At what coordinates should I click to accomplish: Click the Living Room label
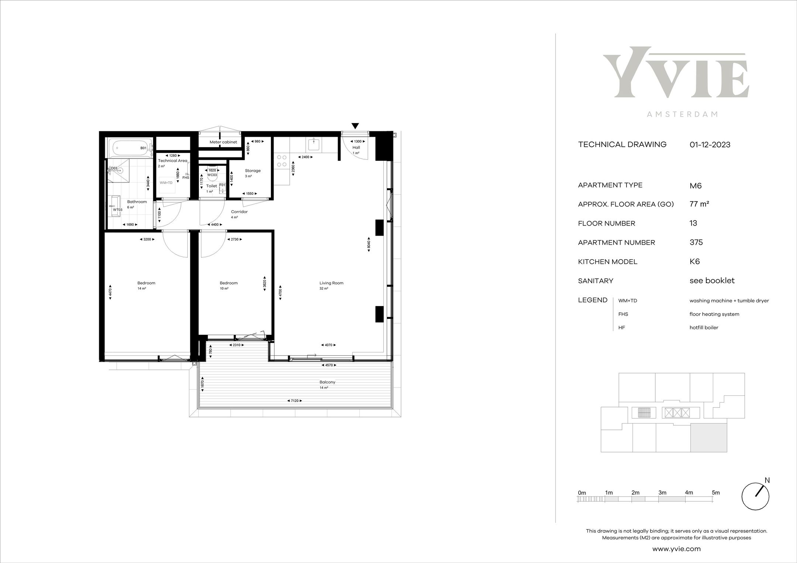[x=331, y=283]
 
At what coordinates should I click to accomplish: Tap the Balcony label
[x=328, y=382]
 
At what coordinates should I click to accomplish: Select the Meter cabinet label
[x=223, y=142]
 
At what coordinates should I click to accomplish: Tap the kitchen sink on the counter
[x=314, y=144]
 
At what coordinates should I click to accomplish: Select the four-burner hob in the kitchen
[x=282, y=160]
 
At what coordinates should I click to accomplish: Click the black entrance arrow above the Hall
[x=355, y=126]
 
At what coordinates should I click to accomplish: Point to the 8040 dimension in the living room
[x=369, y=244]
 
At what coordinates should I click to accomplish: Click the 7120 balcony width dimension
[x=294, y=400]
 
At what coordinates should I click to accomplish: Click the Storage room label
[x=253, y=171]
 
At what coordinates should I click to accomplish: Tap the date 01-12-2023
[x=710, y=145]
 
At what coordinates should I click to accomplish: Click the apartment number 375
[x=696, y=242]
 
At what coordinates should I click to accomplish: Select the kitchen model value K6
[x=695, y=261]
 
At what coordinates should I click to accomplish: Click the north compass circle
[x=755, y=497]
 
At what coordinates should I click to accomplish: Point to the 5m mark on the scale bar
[x=716, y=493]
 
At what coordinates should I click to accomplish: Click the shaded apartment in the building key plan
[x=708, y=438]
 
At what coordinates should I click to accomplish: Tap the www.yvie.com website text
[x=676, y=549]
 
